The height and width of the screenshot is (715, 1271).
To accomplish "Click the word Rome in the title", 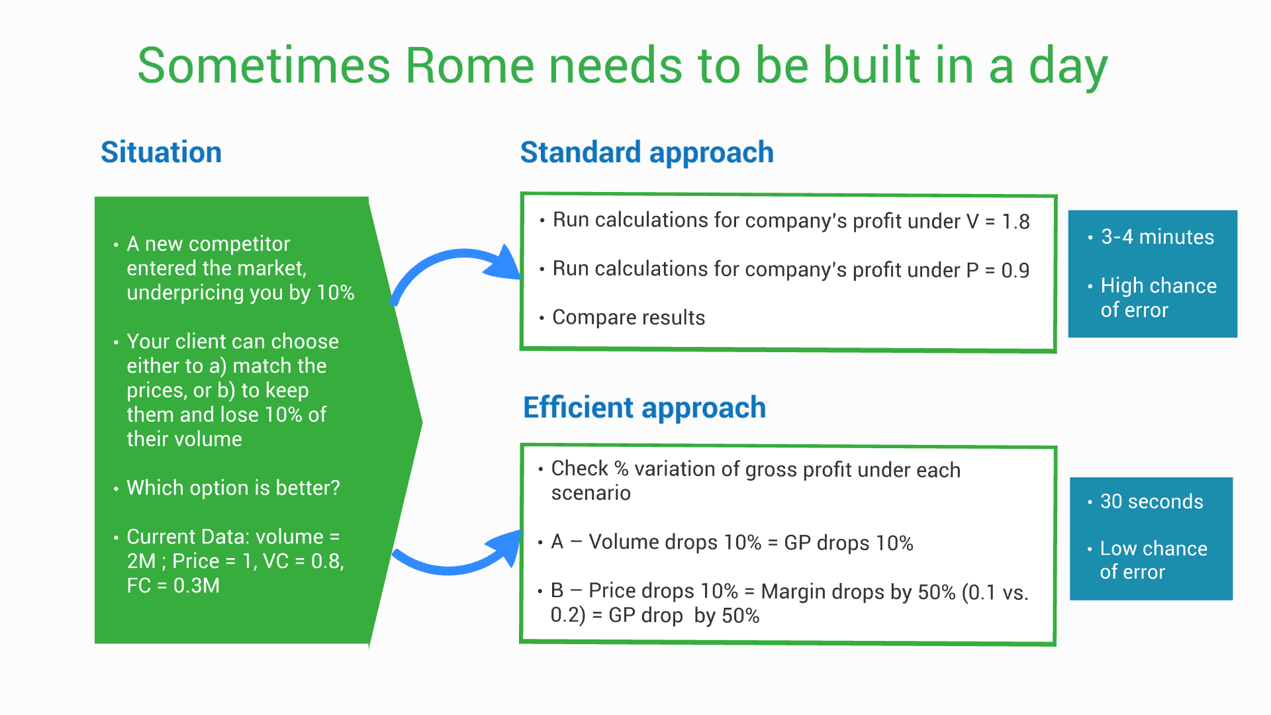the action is [x=469, y=66].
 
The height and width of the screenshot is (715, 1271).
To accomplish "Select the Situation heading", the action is [x=161, y=152].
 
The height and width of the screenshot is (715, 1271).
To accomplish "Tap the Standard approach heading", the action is [x=647, y=153].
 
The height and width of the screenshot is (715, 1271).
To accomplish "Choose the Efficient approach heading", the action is [x=644, y=408].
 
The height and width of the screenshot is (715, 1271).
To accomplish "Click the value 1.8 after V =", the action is [x=1015, y=222].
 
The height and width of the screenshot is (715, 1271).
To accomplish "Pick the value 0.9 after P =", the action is [x=1015, y=271].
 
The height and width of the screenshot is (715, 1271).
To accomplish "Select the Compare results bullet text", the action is [x=629, y=318].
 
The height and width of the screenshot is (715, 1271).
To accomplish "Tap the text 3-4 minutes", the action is [x=1157, y=237].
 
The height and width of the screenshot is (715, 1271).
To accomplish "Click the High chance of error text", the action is [x=1158, y=298].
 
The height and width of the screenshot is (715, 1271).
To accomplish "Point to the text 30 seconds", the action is [x=1152, y=502].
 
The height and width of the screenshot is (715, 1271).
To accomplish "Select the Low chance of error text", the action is [x=1153, y=560].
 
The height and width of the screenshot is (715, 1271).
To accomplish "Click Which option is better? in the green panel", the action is [x=233, y=488].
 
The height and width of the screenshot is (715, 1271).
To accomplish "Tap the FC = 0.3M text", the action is [x=173, y=586].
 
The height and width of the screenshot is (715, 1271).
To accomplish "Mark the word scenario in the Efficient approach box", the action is [x=590, y=493].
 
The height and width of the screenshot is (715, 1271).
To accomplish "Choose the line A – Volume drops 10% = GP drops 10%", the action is [x=732, y=543].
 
